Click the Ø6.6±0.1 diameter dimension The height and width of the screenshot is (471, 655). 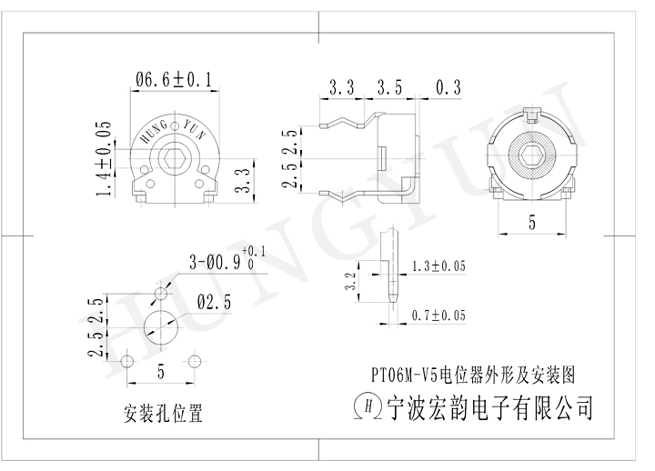(172, 81)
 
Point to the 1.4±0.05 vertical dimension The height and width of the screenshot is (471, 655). (105, 156)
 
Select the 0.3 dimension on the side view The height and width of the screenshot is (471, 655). (448, 87)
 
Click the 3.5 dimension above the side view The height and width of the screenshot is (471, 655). (388, 87)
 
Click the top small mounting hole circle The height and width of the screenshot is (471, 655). (161, 293)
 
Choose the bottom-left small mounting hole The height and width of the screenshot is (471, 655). (128, 361)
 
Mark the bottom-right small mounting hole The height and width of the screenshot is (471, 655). (193, 361)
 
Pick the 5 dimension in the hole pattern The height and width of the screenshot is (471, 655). (161, 371)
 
